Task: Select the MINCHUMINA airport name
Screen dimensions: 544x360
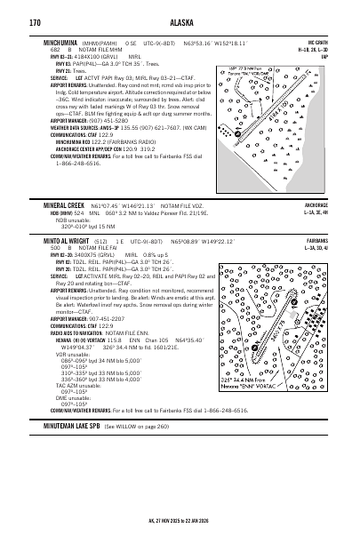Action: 63,42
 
